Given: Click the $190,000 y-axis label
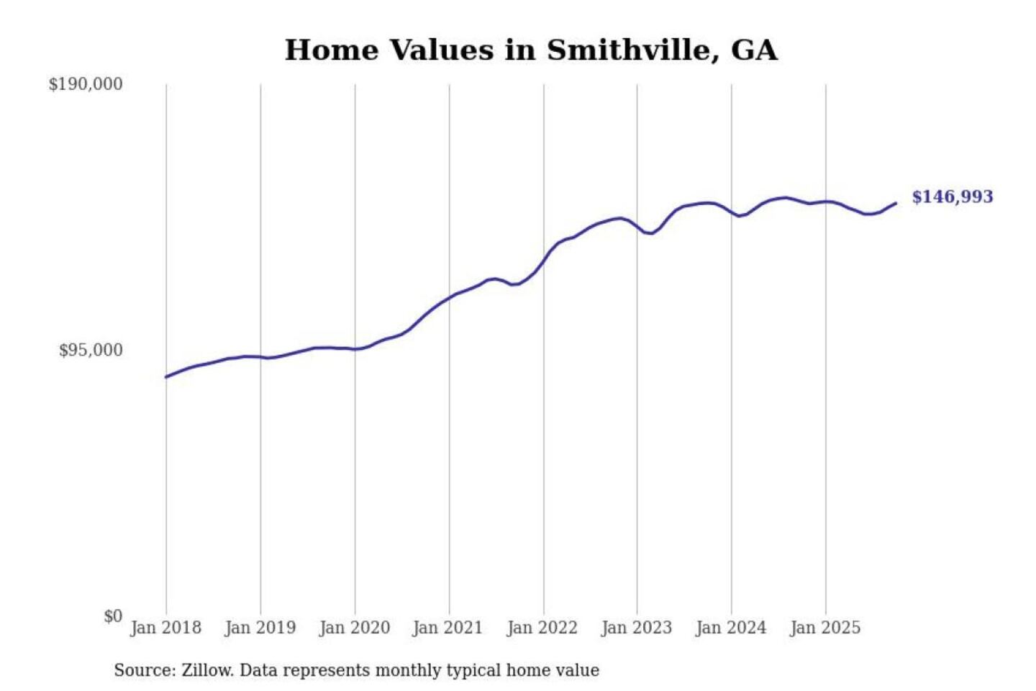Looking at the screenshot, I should [86, 84].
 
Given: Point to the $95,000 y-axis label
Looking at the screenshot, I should [91, 351].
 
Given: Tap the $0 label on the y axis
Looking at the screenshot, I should [113, 616].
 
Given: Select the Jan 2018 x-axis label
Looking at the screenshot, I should [165, 628].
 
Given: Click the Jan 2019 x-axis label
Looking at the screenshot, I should [260, 628].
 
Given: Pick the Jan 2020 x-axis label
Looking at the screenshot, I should [354, 628].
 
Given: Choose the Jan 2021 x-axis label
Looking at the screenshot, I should [447, 628].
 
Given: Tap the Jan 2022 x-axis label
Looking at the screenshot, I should [542, 628].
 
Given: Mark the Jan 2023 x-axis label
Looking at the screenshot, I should [636, 628].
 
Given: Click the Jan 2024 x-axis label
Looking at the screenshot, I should [730, 628].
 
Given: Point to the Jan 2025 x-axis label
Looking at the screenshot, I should [824, 628].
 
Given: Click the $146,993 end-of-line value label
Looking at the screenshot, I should [952, 197].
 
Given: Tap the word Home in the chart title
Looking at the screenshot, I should [331, 50].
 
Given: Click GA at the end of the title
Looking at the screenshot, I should [754, 50].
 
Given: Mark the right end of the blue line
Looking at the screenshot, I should [896, 204].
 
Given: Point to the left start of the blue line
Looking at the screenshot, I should [166, 376].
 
